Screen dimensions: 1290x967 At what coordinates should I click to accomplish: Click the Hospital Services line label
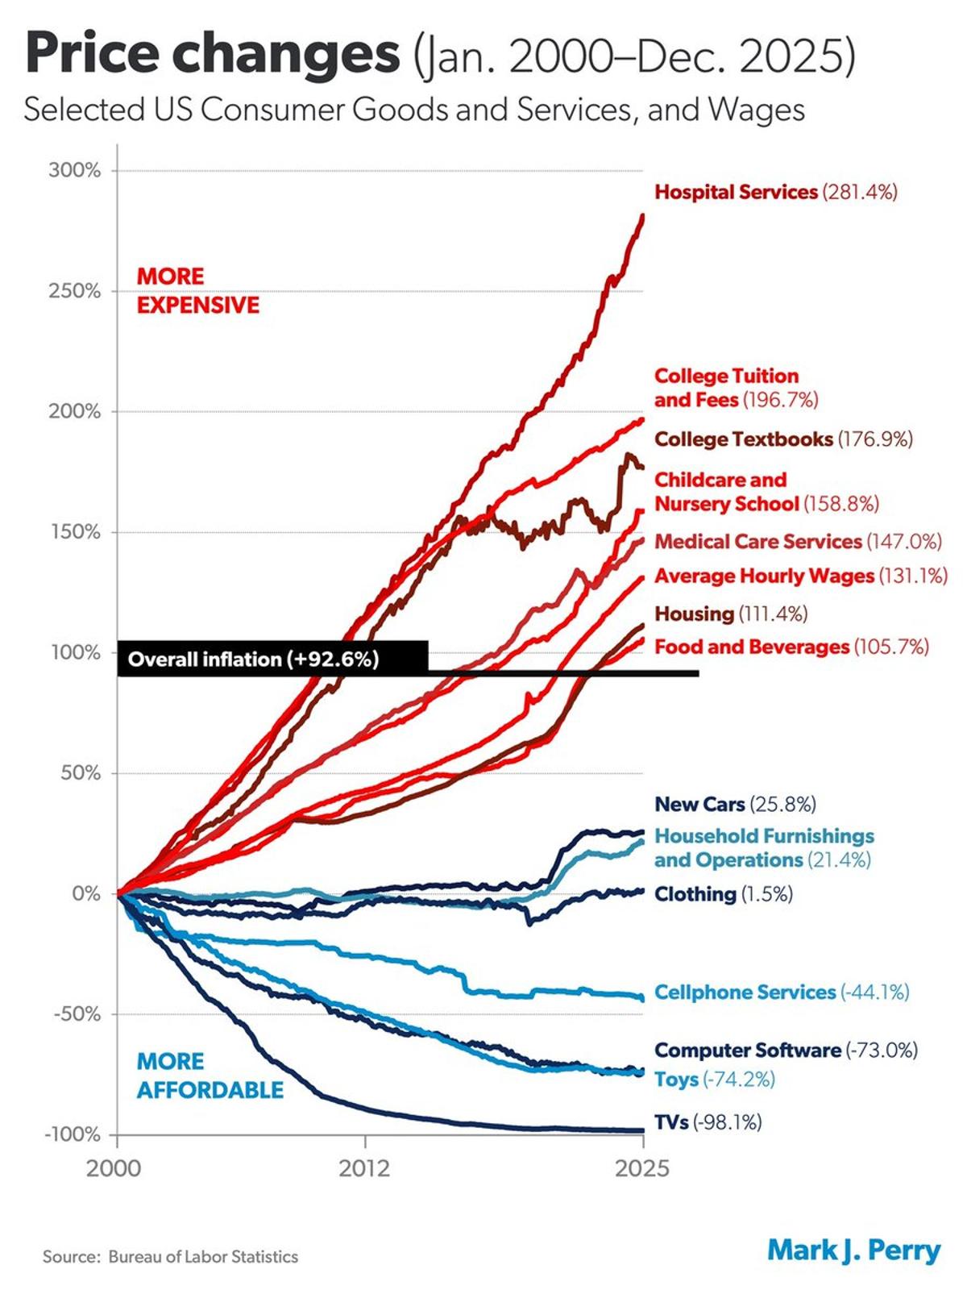(775, 192)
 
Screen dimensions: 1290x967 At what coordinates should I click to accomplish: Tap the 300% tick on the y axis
(75, 171)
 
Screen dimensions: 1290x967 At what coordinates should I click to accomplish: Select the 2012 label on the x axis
(364, 1167)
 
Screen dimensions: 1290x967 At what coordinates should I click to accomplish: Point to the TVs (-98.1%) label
(707, 1121)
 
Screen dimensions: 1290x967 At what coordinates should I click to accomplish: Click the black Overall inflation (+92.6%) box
(272, 659)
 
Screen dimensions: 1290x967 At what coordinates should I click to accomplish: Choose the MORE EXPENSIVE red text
(197, 290)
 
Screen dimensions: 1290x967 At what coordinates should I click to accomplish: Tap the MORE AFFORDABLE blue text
(210, 1076)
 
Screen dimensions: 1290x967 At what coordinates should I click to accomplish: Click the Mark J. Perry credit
(853, 1250)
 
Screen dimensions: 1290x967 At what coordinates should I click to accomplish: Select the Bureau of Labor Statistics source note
(171, 1256)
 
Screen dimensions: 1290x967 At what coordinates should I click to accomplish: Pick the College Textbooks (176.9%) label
(783, 439)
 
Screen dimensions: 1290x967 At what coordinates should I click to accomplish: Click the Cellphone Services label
(781, 992)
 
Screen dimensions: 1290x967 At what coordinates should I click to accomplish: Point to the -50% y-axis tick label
(77, 1014)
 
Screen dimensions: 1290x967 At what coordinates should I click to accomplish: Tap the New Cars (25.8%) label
(735, 804)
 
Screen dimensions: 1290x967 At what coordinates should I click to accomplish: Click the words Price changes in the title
(213, 53)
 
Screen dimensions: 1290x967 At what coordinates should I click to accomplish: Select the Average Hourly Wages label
(800, 576)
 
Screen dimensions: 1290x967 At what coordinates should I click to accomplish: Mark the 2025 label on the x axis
(641, 1167)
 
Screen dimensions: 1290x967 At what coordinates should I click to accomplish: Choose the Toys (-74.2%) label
(714, 1079)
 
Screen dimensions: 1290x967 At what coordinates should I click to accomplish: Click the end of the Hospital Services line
(642, 215)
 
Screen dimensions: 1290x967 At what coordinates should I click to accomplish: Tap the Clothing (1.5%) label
(723, 893)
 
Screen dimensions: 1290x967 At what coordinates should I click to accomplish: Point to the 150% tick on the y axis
(75, 532)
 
